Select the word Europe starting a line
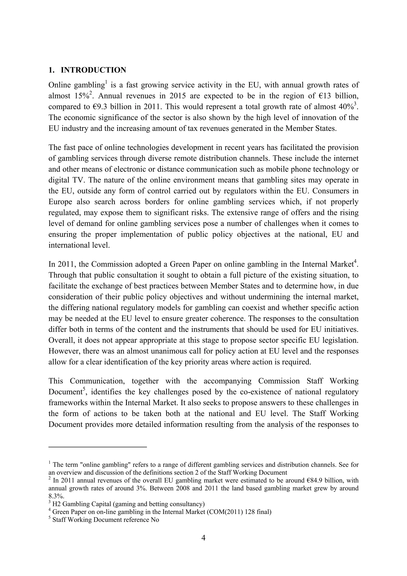pos(60,202)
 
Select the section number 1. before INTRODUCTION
pos(51,70)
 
